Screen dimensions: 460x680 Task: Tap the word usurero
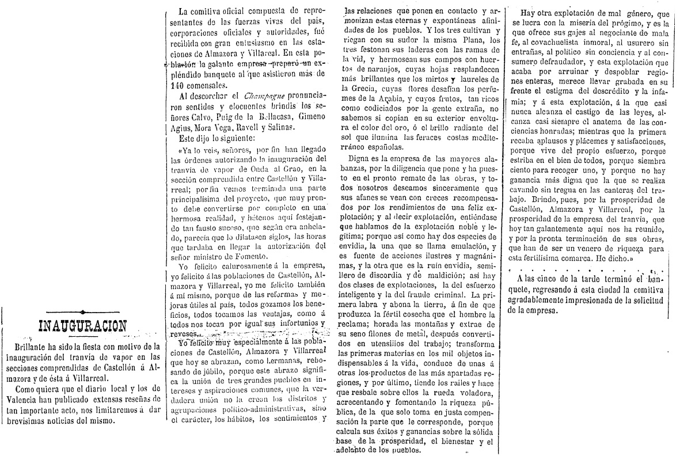(x=644, y=41)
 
